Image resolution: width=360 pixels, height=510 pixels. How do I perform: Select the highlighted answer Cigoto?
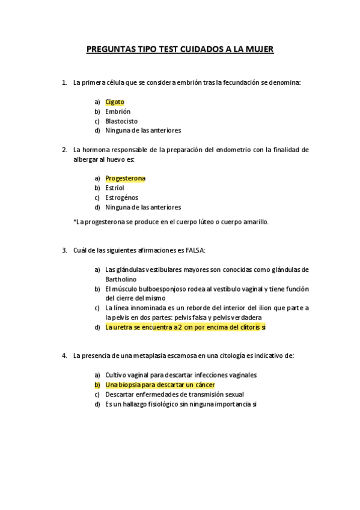[115, 102]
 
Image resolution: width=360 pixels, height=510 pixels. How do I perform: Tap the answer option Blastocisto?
[121, 120]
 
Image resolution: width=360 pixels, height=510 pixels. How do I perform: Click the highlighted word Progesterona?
[125, 178]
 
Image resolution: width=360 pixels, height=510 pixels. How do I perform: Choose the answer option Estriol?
[115, 188]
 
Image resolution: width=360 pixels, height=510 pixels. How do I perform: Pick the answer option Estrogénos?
[121, 197]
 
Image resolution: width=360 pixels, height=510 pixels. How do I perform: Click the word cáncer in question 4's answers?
[204, 384]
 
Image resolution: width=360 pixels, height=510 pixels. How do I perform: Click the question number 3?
[64, 250]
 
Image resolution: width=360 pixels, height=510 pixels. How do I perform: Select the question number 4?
[64, 355]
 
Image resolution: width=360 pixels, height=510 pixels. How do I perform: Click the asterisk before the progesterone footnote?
[75, 221]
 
